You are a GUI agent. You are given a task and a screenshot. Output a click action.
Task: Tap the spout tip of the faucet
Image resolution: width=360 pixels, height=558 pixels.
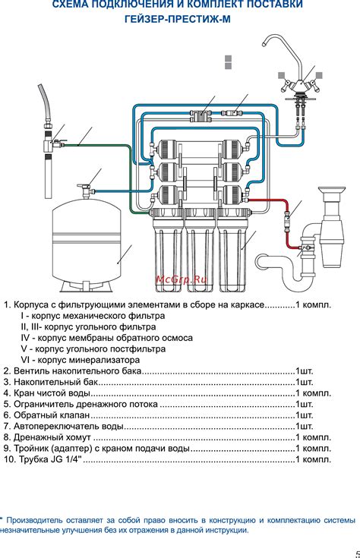[x=264, y=44]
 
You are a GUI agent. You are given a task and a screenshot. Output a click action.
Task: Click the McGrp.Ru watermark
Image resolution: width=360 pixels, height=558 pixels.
[x=182, y=279]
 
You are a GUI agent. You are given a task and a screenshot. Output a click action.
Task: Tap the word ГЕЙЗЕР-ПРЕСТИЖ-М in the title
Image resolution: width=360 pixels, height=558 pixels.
[x=178, y=18]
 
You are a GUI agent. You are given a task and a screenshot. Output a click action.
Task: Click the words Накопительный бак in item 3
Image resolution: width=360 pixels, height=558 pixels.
[x=55, y=382]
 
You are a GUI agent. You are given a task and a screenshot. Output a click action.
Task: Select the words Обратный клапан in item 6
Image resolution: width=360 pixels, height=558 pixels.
[x=52, y=415]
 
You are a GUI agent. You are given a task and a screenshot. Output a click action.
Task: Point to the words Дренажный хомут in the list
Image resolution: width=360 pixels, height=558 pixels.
[x=52, y=437]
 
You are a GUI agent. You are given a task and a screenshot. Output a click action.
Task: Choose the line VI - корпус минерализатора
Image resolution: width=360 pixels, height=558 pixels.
[x=80, y=360]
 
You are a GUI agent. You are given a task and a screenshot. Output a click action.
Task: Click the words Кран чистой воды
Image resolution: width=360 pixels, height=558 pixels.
[x=52, y=393]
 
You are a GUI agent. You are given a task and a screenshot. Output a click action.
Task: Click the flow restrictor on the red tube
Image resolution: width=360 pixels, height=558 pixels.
[x=287, y=222]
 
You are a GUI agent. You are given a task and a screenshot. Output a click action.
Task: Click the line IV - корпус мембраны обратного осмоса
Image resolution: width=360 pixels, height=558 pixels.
[x=107, y=338]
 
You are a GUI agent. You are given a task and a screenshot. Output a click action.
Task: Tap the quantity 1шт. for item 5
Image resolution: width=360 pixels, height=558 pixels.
[x=304, y=404]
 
